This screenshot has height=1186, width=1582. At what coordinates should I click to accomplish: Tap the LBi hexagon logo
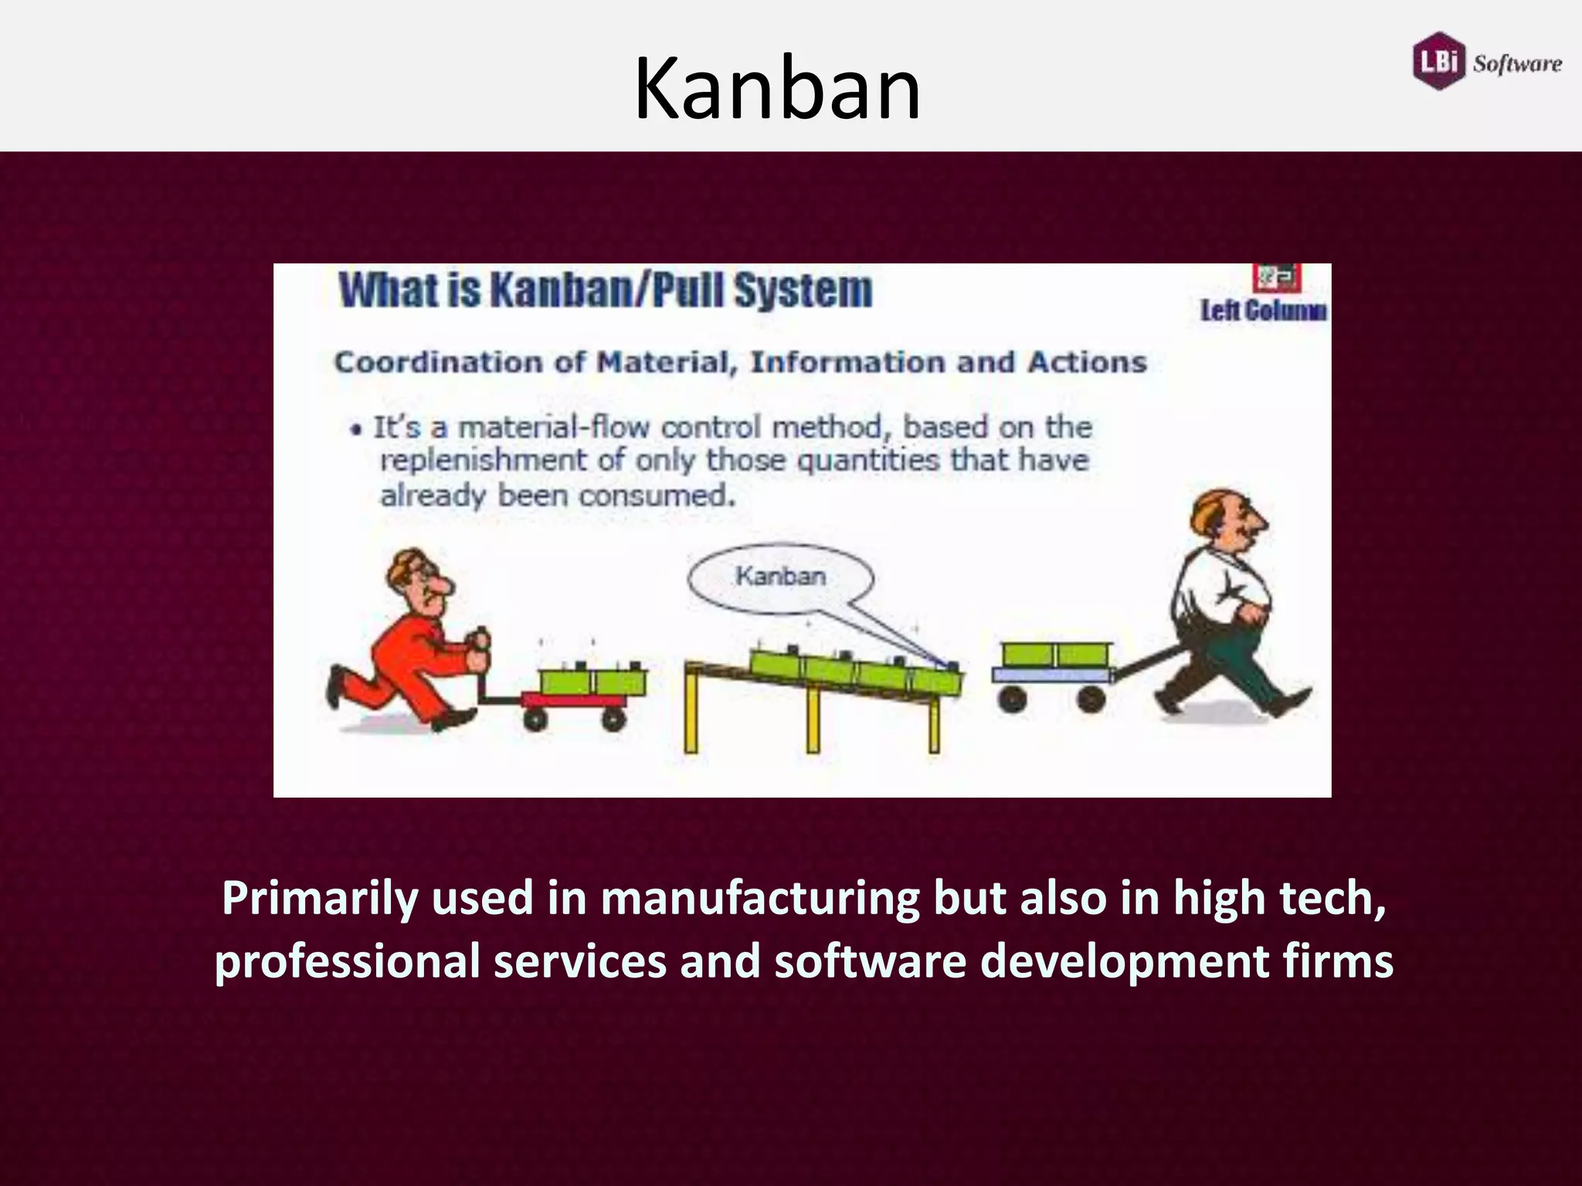point(1440,61)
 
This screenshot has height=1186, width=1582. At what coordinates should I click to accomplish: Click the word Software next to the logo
point(1517,63)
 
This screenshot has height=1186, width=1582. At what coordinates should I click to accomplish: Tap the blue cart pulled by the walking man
point(1051,675)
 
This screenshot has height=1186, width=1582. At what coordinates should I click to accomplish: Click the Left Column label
point(1263,311)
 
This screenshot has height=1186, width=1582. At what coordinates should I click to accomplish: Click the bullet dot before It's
point(356,430)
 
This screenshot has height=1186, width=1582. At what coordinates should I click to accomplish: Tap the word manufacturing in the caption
point(760,900)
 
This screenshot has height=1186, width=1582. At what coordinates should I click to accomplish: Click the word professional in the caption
point(348,962)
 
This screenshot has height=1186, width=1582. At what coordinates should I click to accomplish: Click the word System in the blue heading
point(803,291)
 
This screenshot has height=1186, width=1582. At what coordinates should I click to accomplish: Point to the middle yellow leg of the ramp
point(813,718)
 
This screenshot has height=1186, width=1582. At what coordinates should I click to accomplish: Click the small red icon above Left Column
point(1277,276)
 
